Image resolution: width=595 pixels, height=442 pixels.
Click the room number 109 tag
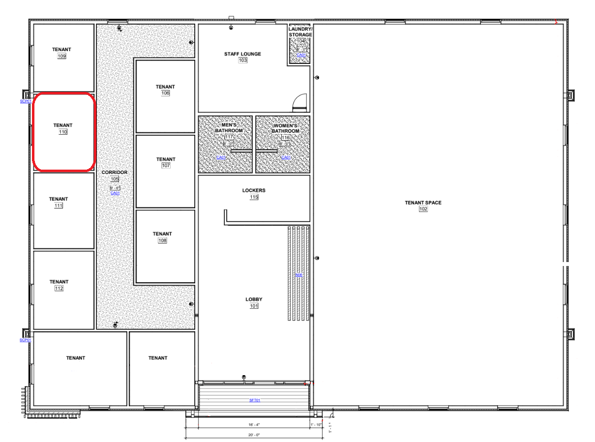pos(62,57)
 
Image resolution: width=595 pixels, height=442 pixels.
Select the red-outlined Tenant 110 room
pos(63,132)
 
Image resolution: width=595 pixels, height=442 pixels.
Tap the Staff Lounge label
pos(243,54)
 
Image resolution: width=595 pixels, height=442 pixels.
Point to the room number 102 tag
pos(423,209)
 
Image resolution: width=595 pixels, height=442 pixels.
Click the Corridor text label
pos(115,173)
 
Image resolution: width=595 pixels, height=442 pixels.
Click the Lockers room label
pos(254,190)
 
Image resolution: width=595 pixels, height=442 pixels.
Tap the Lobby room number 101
pos(254,306)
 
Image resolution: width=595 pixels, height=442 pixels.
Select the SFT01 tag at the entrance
pos(254,400)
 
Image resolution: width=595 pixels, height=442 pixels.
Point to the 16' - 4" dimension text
pos(254,423)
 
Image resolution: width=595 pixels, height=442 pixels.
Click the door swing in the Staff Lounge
pos(300,103)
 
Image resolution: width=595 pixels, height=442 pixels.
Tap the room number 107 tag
pos(165,166)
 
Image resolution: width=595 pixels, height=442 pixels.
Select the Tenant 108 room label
pos(162,234)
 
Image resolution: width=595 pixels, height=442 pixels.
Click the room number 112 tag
pos(59,288)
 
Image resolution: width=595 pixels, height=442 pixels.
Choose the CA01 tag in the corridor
pos(115,193)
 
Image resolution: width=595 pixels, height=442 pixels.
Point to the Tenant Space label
pos(423,202)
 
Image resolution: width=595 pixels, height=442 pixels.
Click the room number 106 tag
pos(165,93)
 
